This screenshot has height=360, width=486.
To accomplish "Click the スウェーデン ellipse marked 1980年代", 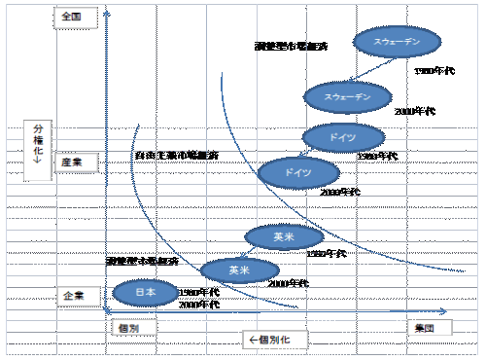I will pos(398,42).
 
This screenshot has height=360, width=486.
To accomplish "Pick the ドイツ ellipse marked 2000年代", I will pos(299,173).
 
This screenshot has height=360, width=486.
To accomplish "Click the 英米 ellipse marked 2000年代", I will pos(239,269).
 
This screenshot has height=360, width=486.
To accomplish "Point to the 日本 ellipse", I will pos(146,291).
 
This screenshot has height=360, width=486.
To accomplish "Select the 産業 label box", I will pos(71,164).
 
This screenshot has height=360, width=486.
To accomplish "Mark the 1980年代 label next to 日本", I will pos(200,293).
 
